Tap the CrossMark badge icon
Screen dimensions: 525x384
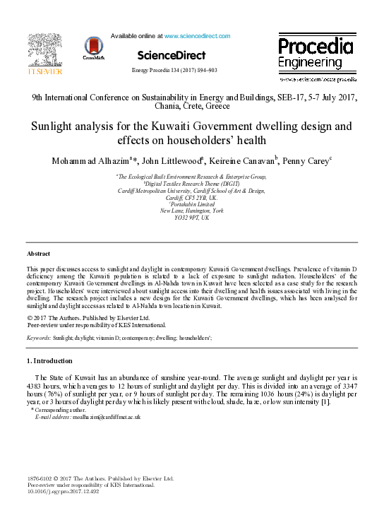pyautogui.click(x=93, y=47)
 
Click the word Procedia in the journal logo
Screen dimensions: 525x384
pyautogui.click(x=315, y=47)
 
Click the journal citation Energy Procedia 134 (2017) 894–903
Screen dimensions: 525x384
pyautogui.click(x=174, y=71)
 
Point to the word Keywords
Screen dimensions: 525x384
pyautogui.click(x=38, y=339)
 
